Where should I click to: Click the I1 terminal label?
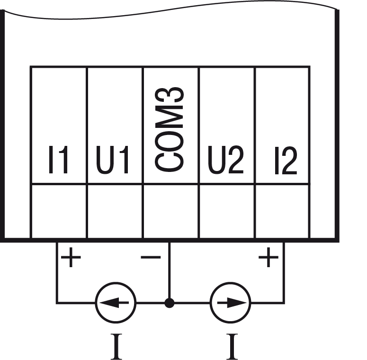[x=58, y=161]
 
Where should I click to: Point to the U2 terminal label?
[x=226, y=161]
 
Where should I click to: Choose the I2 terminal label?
[x=286, y=161]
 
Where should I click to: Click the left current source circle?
[x=116, y=303]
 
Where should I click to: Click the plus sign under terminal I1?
[x=71, y=259]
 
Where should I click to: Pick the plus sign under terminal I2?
[x=268, y=259]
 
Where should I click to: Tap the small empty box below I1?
[x=59, y=211]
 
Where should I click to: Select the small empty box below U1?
[x=115, y=211]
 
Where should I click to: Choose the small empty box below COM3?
[x=170, y=211]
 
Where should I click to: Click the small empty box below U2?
[x=226, y=211]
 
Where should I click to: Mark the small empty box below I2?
[x=282, y=211]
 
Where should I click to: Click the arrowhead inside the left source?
[x=109, y=303]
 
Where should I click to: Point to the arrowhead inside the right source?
[x=236, y=303]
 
